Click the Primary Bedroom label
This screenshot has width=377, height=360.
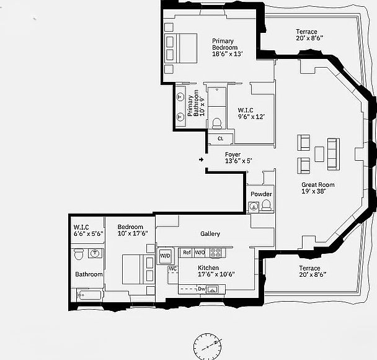(x=223, y=47)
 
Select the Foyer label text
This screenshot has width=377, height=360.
(x=233, y=158)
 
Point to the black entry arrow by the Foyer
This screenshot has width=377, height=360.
(x=202, y=160)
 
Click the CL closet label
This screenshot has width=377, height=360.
(x=220, y=138)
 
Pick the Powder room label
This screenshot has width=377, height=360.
(x=261, y=194)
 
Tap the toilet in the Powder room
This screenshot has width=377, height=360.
(x=267, y=206)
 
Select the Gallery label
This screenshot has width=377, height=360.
(x=210, y=234)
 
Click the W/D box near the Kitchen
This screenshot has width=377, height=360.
(x=166, y=256)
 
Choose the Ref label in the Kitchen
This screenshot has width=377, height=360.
(x=187, y=253)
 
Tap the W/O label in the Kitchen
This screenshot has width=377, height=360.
(x=200, y=253)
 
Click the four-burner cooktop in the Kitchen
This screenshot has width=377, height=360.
(x=216, y=253)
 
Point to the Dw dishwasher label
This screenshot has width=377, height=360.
(x=202, y=289)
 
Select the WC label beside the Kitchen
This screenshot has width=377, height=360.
(x=173, y=268)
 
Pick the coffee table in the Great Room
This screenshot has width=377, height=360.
(x=319, y=153)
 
